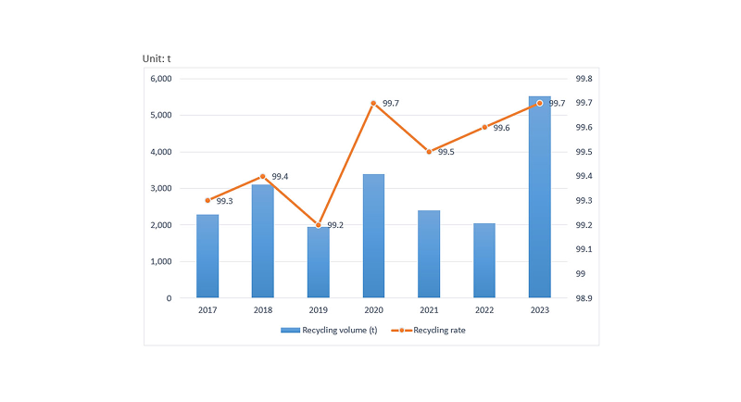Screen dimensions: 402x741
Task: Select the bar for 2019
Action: pos(318,263)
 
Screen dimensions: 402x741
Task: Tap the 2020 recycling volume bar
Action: pos(373,236)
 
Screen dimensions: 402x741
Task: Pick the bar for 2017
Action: pos(207,257)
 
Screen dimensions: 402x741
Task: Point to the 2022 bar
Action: pos(484,261)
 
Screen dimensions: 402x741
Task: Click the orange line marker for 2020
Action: pos(373,103)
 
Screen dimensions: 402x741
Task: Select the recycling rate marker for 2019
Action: pos(318,225)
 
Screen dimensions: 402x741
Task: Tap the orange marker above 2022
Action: pos(484,127)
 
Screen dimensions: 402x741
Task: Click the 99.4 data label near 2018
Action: pos(280,176)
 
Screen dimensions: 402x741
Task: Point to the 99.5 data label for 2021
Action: pos(446,152)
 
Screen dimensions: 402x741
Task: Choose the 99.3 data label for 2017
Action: pos(225,201)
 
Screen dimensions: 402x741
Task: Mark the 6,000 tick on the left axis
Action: pos(160,79)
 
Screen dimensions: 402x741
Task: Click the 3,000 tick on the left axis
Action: pos(160,189)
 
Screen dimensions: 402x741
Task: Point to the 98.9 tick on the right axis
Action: pos(585,298)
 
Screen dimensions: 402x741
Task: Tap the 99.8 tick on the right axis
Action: pos(585,79)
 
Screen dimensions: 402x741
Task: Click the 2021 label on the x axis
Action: pos(429,310)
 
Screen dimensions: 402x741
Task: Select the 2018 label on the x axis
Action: pos(262,310)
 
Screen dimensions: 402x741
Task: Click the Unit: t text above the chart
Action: pos(157,58)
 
